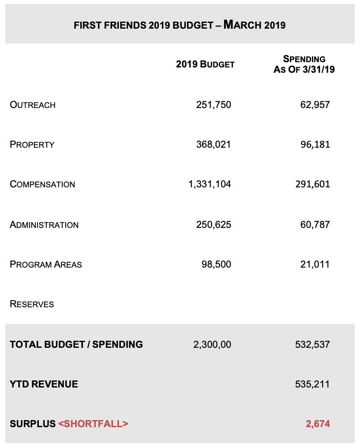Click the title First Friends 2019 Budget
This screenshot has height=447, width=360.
tap(180, 25)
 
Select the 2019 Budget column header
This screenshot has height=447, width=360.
tap(205, 64)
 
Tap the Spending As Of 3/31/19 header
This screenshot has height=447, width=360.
tap(304, 64)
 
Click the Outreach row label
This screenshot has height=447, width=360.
tap(33, 105)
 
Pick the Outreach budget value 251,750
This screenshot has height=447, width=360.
tap(214, 105)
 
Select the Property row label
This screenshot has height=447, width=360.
tap(32, 145)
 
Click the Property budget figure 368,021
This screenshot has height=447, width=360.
tap(214, 145)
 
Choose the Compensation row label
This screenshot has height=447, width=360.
tap(42, 184)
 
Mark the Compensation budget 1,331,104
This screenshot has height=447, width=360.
tap(210, 184)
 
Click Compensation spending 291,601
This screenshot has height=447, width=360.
tap(312, 184)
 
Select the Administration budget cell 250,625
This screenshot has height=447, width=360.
tap(214, 225)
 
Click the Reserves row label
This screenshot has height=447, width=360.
tap(32, 304)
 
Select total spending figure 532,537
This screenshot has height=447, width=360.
tap(312, 345)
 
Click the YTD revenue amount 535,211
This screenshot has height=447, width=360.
tap(312, 384)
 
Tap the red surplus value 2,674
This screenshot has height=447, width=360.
tap(318, 424)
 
